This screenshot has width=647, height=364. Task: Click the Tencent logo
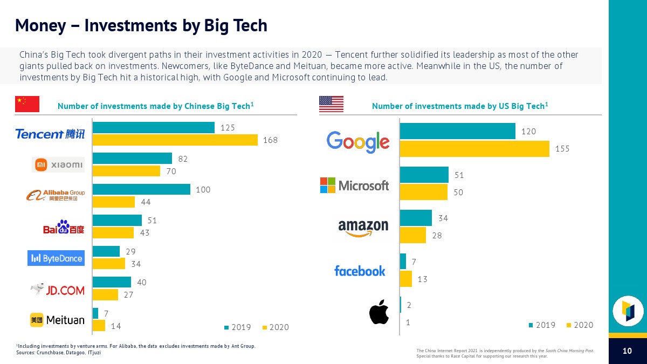coord(50,134)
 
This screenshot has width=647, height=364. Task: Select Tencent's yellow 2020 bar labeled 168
coord(175,140)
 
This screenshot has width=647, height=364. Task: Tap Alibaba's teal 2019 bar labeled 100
coord(141,189)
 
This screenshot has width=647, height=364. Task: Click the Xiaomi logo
coord(58,164)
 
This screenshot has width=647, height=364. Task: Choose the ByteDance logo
coord(56,258)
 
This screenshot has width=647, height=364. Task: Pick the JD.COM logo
coord(58,290)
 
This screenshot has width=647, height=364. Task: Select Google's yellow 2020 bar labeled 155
coord(474,148)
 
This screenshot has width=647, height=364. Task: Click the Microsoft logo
coord(354,185)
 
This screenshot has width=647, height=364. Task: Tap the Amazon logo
coord(363,228)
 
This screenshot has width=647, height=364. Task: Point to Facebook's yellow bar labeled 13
coord(406,279)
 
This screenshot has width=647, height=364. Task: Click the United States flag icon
coord(331,104)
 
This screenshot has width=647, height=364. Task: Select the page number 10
coord(627,351)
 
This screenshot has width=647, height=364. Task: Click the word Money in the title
coord(42,25)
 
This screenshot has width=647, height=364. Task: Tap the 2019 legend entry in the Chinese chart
coord(237,327)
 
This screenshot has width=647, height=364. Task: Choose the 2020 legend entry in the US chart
coord(580,325)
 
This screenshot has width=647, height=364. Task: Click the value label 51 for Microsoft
coord(459,175)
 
